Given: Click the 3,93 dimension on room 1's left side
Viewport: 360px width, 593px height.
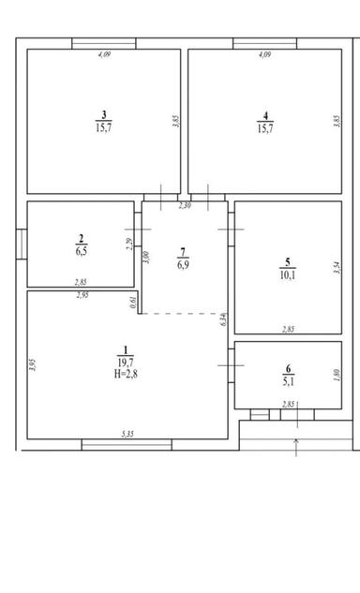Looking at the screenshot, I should point(32,366).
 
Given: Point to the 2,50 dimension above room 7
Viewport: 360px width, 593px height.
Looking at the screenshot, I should point(184,205).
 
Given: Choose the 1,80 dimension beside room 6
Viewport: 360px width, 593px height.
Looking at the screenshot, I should point(336,376).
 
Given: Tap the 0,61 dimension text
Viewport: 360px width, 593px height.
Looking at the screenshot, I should point(134,302).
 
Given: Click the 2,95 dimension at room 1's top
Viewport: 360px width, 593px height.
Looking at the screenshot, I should point(83,296).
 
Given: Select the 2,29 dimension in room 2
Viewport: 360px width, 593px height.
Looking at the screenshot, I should point(129,245).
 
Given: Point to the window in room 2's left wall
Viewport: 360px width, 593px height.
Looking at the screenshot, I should point(20,244).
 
